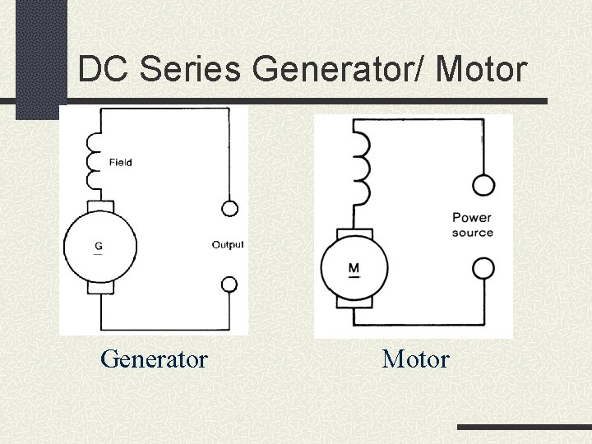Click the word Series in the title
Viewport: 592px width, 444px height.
click(190, 70)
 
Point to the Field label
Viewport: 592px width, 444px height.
click(120, 163)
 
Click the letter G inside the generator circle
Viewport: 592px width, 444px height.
click(99, 246)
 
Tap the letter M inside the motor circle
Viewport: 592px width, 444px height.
click(354, 268)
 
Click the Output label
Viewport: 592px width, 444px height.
click(228, 245)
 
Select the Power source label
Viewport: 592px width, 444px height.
click(472, 225)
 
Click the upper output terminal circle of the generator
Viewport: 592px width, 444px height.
click(230, 208)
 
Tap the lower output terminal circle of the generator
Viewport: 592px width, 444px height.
click(230, 284)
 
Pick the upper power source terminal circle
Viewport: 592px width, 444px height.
click(484, 184)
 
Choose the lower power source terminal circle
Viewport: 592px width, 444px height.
click(484, 268)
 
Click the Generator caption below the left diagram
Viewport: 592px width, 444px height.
click(154, 359)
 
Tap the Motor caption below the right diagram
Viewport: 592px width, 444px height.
click(415, 359)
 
